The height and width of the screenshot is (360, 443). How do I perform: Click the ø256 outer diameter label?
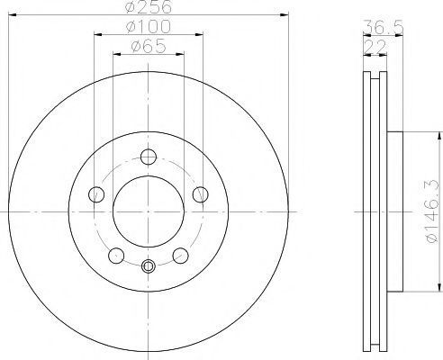pyautogui.click(x=149, y=6)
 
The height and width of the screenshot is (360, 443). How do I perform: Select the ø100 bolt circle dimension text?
pyautogui.click(x=149, y=26)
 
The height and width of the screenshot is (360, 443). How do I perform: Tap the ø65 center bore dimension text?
pyautogui.click(x=149, y=46)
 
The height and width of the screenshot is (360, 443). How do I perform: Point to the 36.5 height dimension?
pyautogui.click(x=383, y=27)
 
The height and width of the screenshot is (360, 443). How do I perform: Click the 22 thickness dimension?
pyautogui.click(x=375, y=47)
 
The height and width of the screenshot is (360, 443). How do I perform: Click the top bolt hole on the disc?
pyautogui.click(x=149, y=157)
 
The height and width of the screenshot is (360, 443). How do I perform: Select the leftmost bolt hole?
pyautogui.click(x=96, y=194)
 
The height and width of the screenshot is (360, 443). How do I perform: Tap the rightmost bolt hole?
pyautogui.click(x=201, y=194)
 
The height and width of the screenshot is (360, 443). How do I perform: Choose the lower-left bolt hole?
pyautogui.click(x=116, y=256)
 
